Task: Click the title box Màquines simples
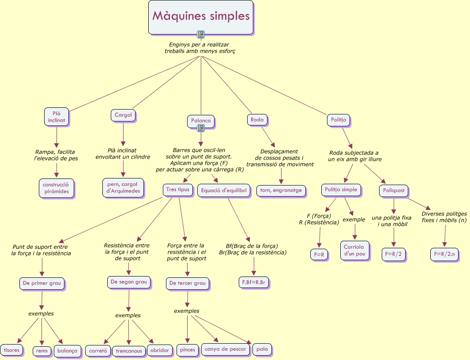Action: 201,17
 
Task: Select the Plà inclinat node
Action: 56,117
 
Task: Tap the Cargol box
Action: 123,115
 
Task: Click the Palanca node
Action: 201,121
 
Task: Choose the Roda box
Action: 257,120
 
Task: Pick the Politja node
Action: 339,120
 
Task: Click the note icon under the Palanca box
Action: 201,129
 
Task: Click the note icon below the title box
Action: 201,34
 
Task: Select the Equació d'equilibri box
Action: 224,190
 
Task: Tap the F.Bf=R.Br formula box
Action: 254,282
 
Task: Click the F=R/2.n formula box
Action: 444,254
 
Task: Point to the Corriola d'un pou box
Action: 355,250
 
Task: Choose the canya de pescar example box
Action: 226,349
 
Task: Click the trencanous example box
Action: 129,351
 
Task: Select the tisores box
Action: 11,350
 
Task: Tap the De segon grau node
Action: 129,282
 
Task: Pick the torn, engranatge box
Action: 281,191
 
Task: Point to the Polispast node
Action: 394,191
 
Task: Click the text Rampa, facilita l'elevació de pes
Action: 56,155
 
